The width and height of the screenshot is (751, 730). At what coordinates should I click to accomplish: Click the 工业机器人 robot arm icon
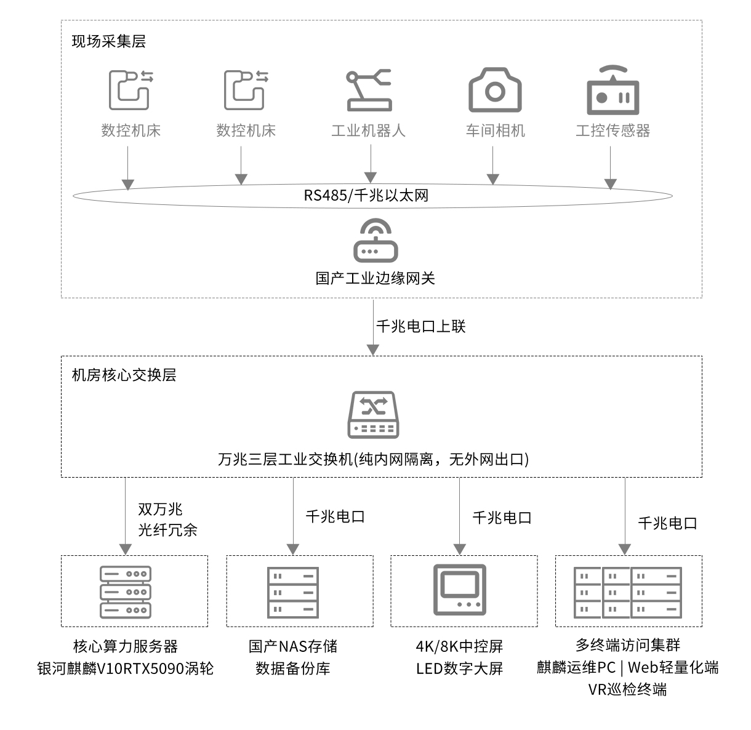(x=369, y=90)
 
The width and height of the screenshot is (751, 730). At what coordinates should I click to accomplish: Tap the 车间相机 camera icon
(x=495, y=90)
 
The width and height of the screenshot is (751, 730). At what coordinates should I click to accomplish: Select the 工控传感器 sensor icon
(x=613, y=90)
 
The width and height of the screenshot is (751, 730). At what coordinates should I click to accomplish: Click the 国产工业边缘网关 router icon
(x=375, y=241)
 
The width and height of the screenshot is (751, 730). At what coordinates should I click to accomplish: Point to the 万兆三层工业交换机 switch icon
(x=373, y=415)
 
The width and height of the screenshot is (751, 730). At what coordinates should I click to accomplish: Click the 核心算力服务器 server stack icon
(x=126, y=592)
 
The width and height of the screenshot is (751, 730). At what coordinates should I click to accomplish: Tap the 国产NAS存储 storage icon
(x=293, y=592)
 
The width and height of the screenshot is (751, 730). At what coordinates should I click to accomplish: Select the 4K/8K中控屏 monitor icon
(x=460, y=590)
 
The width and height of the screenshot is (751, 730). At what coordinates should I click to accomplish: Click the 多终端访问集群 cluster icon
(x=628, y=592)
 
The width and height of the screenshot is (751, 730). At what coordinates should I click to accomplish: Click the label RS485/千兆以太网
(x=366, y=196)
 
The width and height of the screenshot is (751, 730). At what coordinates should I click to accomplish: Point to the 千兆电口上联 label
(x=421, y=326)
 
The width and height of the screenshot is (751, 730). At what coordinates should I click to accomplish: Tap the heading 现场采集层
(x=109, y=41)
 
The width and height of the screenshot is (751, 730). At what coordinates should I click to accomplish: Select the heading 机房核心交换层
(x=124, y=375)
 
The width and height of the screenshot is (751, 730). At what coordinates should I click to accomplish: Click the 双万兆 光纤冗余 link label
(x=167, y=519)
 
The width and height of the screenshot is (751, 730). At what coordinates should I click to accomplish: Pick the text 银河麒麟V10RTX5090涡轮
(x=126, y=668)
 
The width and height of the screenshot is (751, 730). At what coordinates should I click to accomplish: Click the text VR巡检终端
(x=627, y=689)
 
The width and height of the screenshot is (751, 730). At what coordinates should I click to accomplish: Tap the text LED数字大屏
(x=460, y=668)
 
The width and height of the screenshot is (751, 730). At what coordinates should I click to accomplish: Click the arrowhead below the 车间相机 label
(x=493, y=178)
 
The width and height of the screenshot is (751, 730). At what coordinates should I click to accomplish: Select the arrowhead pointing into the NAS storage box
(x=293, y=549)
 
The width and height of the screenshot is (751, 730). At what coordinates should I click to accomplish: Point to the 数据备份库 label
(x=293, y=668)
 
